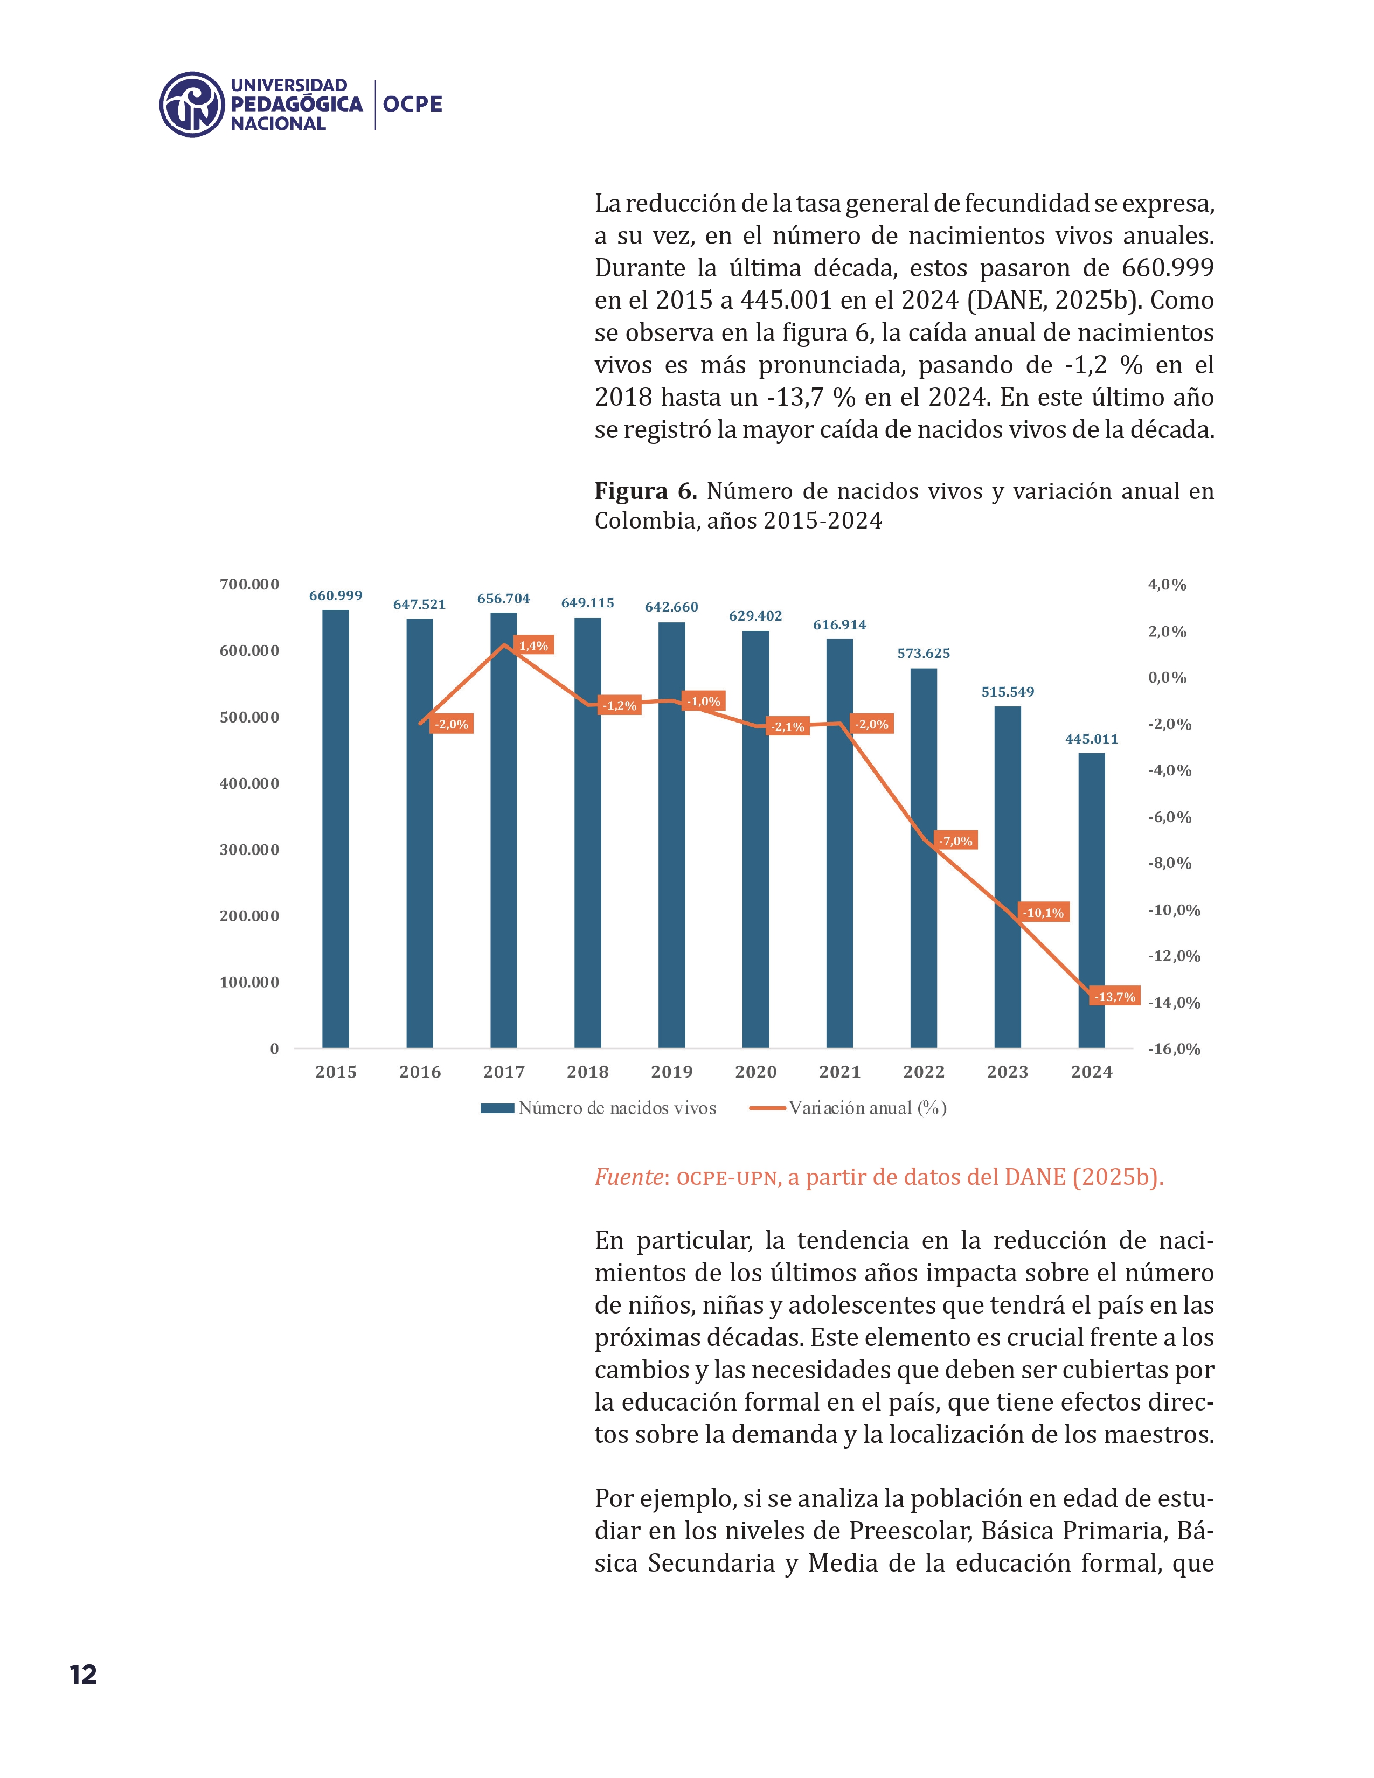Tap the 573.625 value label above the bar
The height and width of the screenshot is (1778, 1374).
923,653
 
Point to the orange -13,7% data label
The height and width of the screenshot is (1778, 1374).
1114,996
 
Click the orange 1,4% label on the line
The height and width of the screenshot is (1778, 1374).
533,645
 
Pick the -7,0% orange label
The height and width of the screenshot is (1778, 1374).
956,841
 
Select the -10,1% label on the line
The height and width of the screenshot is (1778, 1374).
1043,913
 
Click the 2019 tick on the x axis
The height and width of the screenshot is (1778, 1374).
671,1072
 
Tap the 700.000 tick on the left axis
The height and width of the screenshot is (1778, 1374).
249,585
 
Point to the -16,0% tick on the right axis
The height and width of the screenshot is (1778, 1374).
1174,1050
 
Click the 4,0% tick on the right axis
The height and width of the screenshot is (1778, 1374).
1167,585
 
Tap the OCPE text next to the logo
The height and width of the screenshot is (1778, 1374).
413,104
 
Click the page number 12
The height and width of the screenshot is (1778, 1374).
83,1675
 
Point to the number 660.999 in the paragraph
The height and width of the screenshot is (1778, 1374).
1167,268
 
